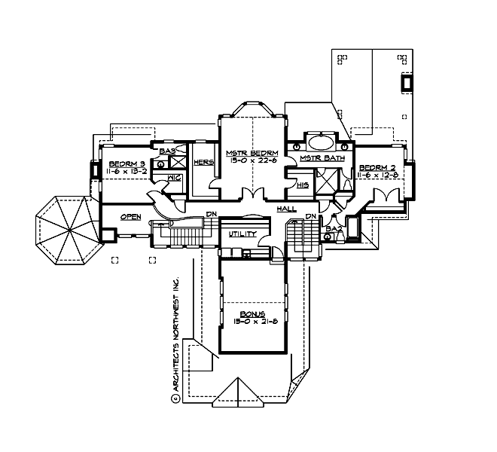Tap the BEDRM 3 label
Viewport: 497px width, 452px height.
pos(127,164)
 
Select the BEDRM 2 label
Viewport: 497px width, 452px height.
pos(377,167)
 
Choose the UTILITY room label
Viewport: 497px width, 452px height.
pos(242,234)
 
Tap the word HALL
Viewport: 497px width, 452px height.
pos(286,209)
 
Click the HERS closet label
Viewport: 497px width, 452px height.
pos(202,162)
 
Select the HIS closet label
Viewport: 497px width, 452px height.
pos(303,184)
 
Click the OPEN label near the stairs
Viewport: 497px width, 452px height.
pos(131,217)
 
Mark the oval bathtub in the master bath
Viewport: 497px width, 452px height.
pos(322,142)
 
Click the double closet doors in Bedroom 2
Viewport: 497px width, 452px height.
pos(389,194)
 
